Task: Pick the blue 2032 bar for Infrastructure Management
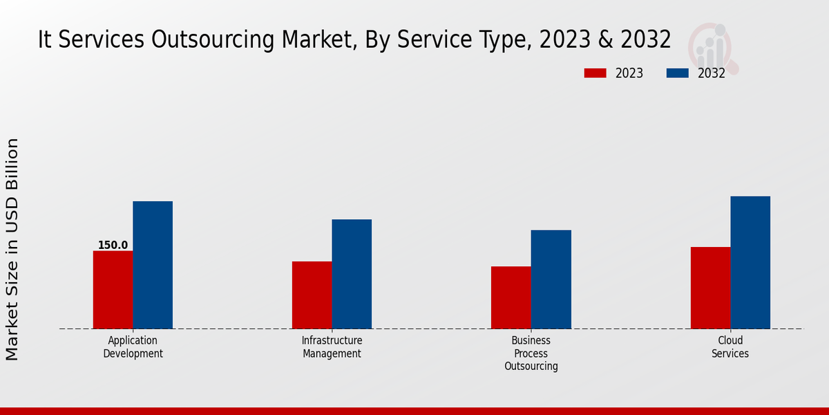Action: pos(352,274)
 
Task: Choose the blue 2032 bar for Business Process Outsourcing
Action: pos(551,279)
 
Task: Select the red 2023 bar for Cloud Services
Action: pos(710,288)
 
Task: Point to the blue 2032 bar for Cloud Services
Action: pos(750,262)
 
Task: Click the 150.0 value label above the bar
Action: pos(113,246)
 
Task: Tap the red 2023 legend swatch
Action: pos(595,73)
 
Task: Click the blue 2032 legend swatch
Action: pos(678,73)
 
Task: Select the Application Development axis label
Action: pos(133,347)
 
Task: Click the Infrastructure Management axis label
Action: pos(332,347)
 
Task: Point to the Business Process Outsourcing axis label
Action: pos(531,353)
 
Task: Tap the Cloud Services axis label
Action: pos(730,347)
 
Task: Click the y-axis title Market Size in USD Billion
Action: pos(12,249)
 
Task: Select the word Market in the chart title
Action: pos(312,40)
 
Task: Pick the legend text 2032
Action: pos(712,73)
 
